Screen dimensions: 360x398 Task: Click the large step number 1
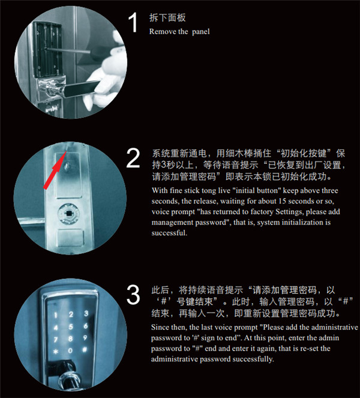(x=133, y=23)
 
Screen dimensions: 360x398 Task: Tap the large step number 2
(x=133, y=158)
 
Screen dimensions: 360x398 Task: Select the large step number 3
(x=133, y=294)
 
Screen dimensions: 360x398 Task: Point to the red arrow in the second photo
(x=55, y=170)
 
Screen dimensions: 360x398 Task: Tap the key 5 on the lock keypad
(x=71, y=327)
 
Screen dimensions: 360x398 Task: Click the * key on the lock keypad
(x=56, y=352)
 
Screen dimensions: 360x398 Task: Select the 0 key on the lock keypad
(x=70, y=351)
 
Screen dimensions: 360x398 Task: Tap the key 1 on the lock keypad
(x=56, y=316)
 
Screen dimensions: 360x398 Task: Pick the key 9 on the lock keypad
(x=85, y=337)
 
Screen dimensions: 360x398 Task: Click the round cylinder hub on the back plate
(x=69, y=214)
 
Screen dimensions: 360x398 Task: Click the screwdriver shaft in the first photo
(x=68, y=50)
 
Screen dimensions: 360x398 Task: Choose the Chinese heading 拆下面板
(x=167, y=18)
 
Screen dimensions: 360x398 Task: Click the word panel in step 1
(x=200, y=32)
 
